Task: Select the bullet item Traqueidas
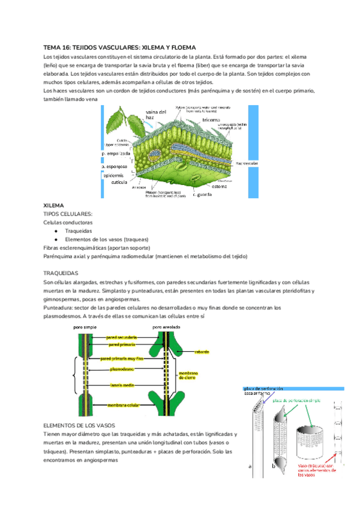[79, 230]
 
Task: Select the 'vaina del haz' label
[155, 115]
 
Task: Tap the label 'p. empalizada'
[117, 153]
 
